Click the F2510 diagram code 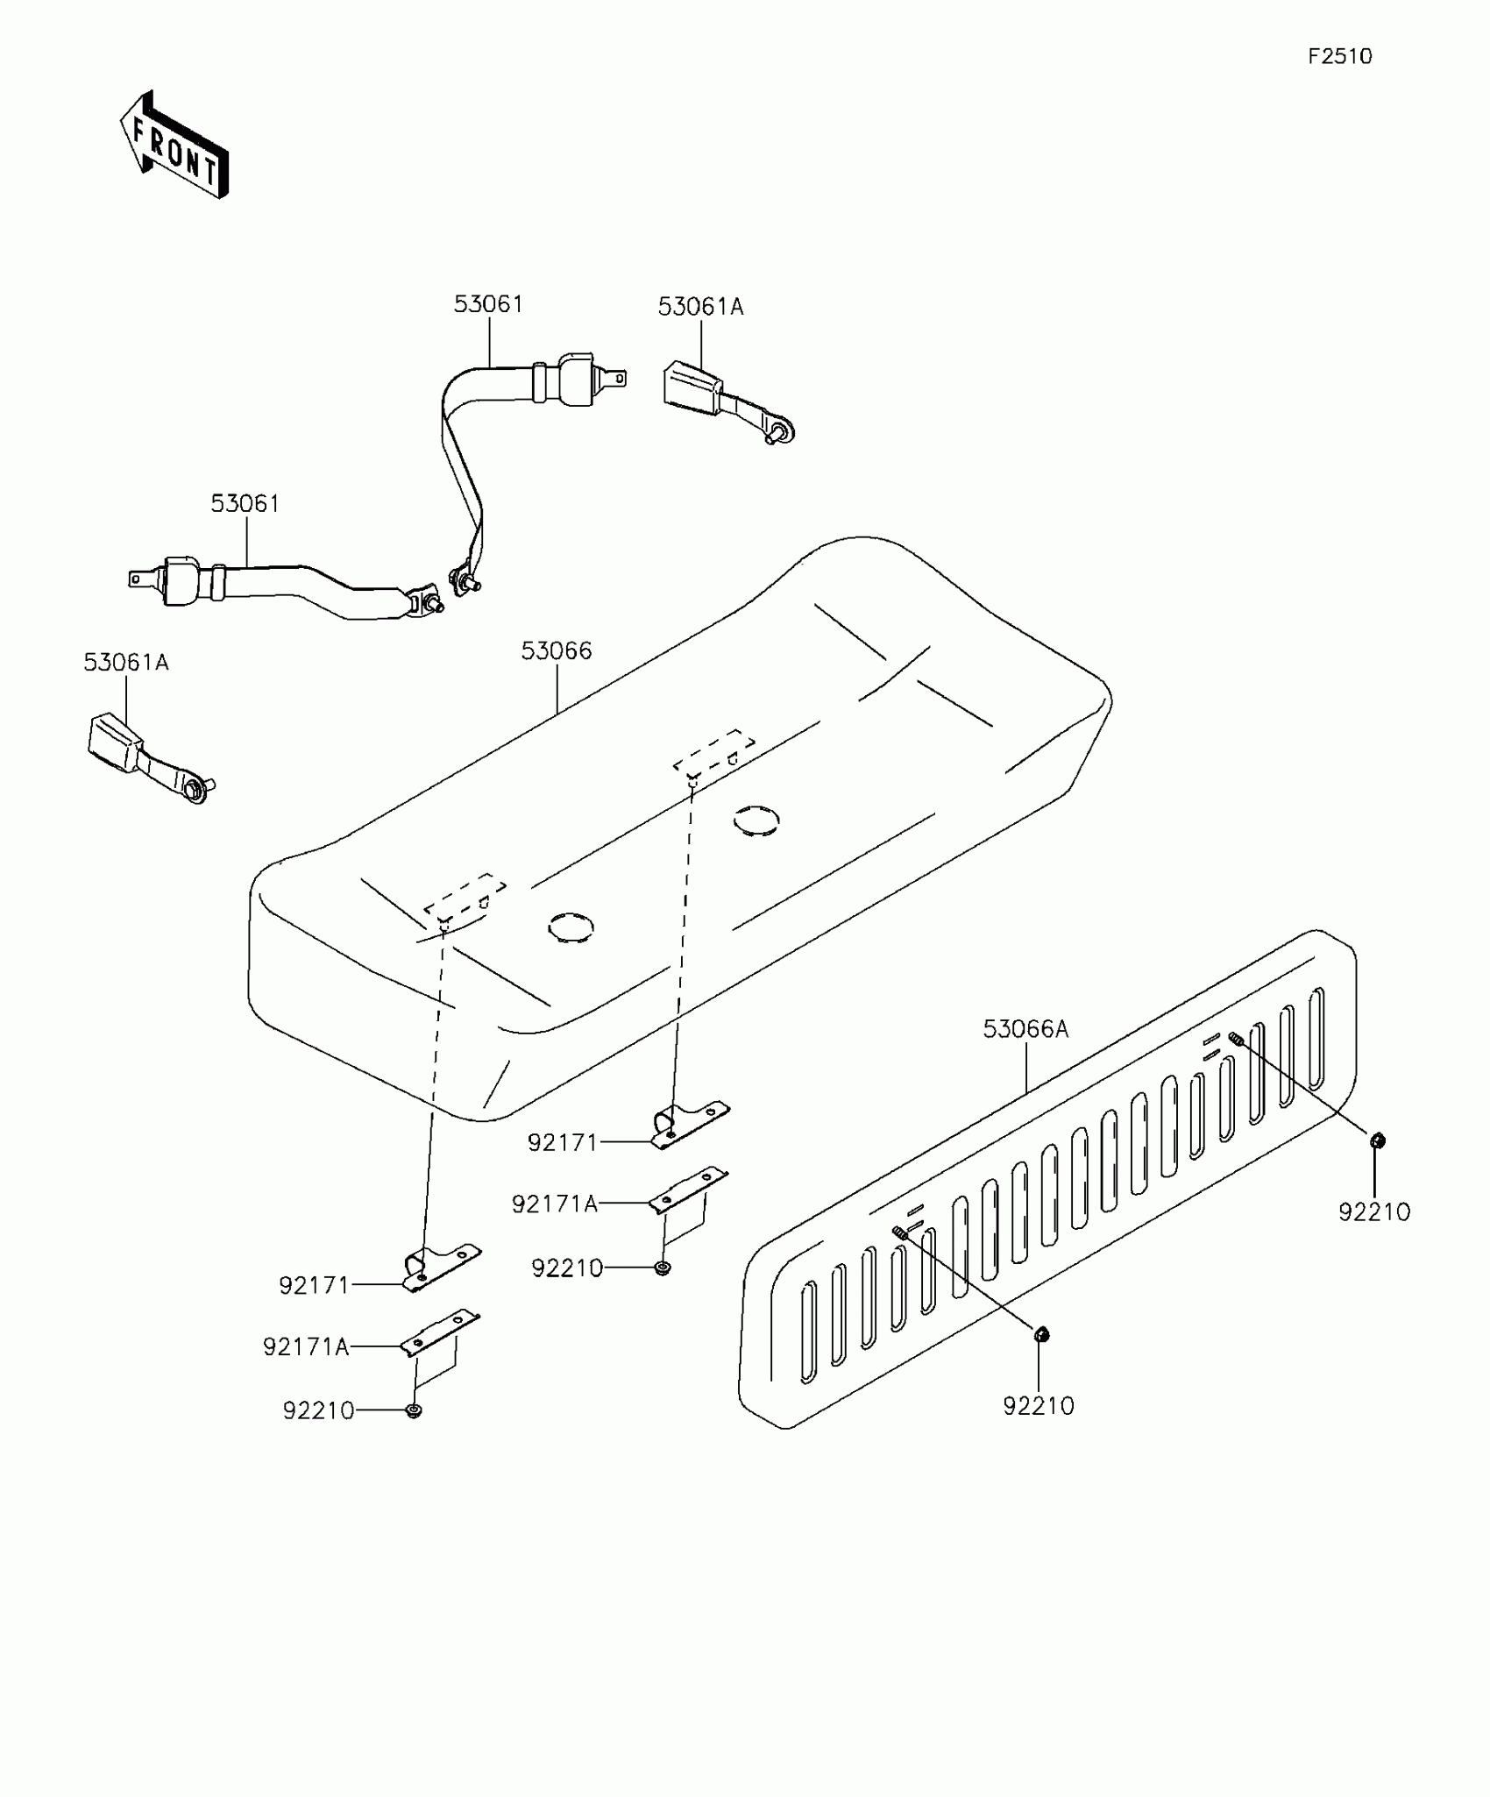click(x=1339, y=57)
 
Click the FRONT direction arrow click(x=174, y=146)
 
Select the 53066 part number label click(x=557, y=651)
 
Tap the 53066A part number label click(x=1025, y=1029)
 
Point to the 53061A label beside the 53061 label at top click(x=700, y=307)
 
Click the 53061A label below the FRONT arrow click(x=126, y=663)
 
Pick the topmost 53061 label click(x=488, y=304)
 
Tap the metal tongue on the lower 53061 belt click(x=139, y=579)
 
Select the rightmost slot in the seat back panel click(x=1316, y=1038)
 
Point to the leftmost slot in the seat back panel click(x=808, y=1332)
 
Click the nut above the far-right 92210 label click(x=1376, y=1140)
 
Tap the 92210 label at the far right click(x=1373, y=1212)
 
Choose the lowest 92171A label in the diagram click(x=306, y=1346)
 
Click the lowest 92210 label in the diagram click(x=318, y=1410)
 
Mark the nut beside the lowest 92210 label click(x=414, y=1410)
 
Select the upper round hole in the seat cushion click(x=756, y=820)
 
